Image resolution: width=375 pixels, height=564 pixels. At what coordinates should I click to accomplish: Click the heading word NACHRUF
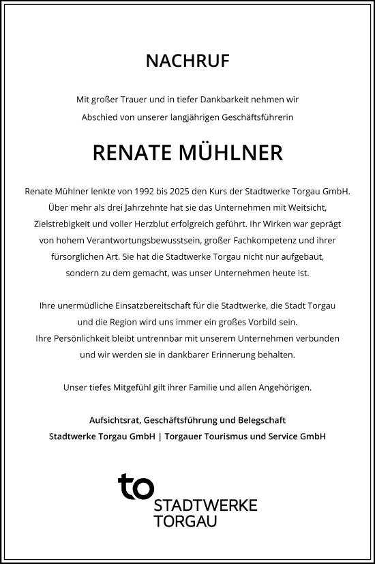click(187, 61)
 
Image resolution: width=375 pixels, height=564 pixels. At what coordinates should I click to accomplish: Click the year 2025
click(177, 192)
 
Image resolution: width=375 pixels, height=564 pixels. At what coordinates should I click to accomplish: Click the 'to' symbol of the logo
click(136, 487)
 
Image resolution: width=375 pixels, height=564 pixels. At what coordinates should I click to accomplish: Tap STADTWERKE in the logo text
click(205, 505)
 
